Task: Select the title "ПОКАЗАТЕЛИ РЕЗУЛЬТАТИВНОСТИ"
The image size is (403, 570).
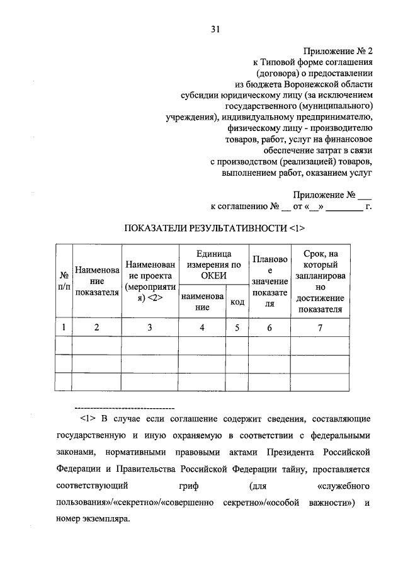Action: point(206,227)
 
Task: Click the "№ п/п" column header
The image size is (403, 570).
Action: point(64,281)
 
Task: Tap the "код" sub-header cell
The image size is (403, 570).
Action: point(237,302)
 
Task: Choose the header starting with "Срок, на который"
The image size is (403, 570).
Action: point(321,281)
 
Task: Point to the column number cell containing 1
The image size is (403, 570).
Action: point(64,328)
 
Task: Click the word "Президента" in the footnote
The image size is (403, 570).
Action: point(288,452)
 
